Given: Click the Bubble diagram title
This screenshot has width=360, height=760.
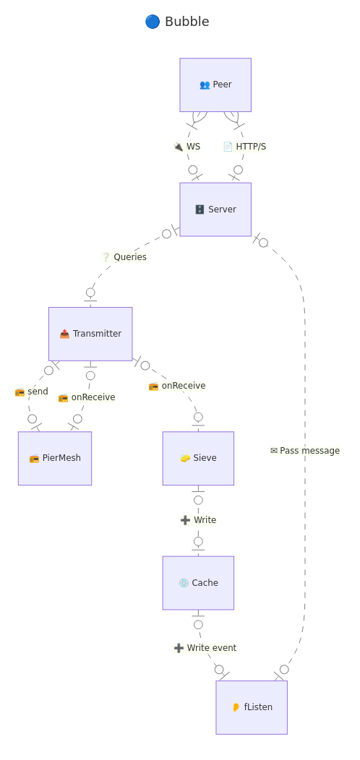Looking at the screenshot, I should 177,22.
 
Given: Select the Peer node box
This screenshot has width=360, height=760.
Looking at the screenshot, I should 215,85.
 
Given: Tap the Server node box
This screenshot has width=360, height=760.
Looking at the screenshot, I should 215,210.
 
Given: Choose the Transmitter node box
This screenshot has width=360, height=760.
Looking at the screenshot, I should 90,334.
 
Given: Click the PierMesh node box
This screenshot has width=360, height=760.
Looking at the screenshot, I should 55,458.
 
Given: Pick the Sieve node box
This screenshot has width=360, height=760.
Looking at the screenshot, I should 198,458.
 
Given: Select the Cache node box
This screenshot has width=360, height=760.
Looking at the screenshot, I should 198,583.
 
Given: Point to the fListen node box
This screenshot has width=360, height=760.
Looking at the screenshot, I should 252,707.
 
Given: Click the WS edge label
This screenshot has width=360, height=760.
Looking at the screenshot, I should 187,147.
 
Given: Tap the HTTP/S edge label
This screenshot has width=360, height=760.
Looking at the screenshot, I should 244,147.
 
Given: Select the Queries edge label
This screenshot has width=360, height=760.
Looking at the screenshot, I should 124,257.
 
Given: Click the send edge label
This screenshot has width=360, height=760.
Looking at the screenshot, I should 32,392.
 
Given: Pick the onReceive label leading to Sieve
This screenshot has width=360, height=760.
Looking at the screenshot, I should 177,386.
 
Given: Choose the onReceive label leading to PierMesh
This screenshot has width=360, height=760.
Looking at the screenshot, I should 87,397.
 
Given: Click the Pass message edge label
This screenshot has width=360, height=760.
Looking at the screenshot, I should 305,451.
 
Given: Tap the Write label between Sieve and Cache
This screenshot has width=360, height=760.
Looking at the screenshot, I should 198,520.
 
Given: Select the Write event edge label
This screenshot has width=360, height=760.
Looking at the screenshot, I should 205,648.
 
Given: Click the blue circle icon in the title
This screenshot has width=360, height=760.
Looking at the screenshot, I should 153,22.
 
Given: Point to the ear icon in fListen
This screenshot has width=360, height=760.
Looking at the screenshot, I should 236,707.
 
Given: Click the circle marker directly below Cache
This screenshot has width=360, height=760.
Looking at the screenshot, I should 198,625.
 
